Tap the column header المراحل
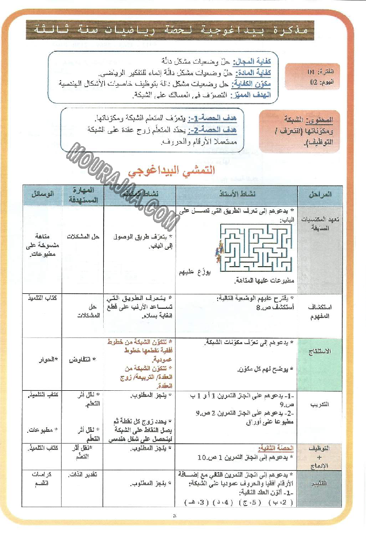(x=321, y=194)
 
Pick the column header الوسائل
(x=43, y=194)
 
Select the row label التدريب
(x=320, y=405)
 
